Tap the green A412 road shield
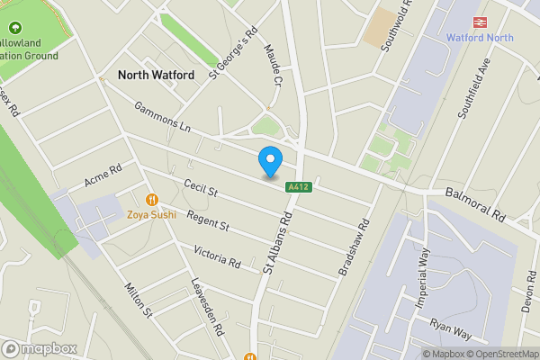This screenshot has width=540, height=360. pos(299,187)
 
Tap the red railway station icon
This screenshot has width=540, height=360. pos(481,22)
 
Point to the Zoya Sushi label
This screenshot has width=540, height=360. pos(151,214)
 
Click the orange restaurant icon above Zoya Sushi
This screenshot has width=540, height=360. pos(151,199)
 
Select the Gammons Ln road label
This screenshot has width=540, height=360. pos(164,118)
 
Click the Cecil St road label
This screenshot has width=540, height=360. pos(201,190)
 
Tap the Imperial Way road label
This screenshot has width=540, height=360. pos(421,279)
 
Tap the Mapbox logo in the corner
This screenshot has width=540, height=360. pos(40,348)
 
